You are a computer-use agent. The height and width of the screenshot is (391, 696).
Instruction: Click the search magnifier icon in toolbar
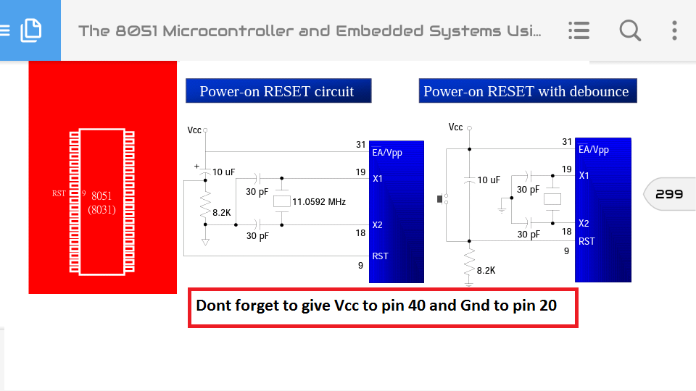click(630, 30)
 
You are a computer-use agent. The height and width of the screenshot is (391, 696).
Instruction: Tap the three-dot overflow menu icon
click(674, 30)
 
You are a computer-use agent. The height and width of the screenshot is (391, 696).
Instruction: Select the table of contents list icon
click(579, 30)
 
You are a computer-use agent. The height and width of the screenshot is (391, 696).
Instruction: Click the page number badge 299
click(668, 194)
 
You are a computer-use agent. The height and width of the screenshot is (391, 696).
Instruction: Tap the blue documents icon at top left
click(30, 30)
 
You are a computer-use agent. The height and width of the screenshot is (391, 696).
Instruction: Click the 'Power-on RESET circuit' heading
click(278, 91)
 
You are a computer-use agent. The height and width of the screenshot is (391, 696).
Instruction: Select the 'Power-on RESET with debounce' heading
click(526, 91)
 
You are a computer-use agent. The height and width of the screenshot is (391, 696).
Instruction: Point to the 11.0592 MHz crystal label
click(319, 201)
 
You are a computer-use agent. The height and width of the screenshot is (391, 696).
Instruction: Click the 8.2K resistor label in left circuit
click(222, 213)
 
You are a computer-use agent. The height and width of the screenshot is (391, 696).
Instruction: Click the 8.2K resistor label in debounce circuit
click(486, 270)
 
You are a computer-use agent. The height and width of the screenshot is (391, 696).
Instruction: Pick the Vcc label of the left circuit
click(194, 130)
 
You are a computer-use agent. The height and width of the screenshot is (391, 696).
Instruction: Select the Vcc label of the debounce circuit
click(455, 127)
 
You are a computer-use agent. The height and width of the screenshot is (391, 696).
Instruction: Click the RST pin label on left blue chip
click(380, 256)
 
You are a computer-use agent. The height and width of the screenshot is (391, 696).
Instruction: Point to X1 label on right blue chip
click(584, 175)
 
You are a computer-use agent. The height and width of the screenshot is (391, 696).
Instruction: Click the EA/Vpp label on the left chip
click(387, 153)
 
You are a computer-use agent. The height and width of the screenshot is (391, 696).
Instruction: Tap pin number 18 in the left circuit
click(360, 232)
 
